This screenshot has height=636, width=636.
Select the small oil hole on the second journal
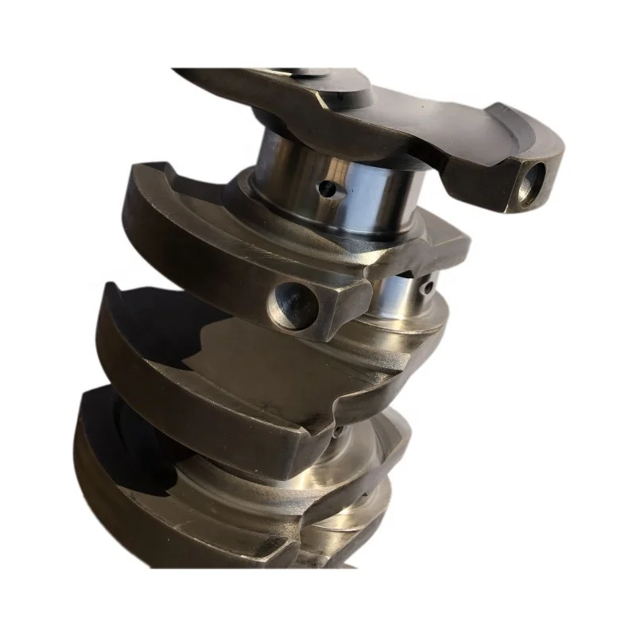(427, 284)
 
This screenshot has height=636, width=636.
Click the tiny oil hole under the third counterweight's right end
(337, 433)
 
